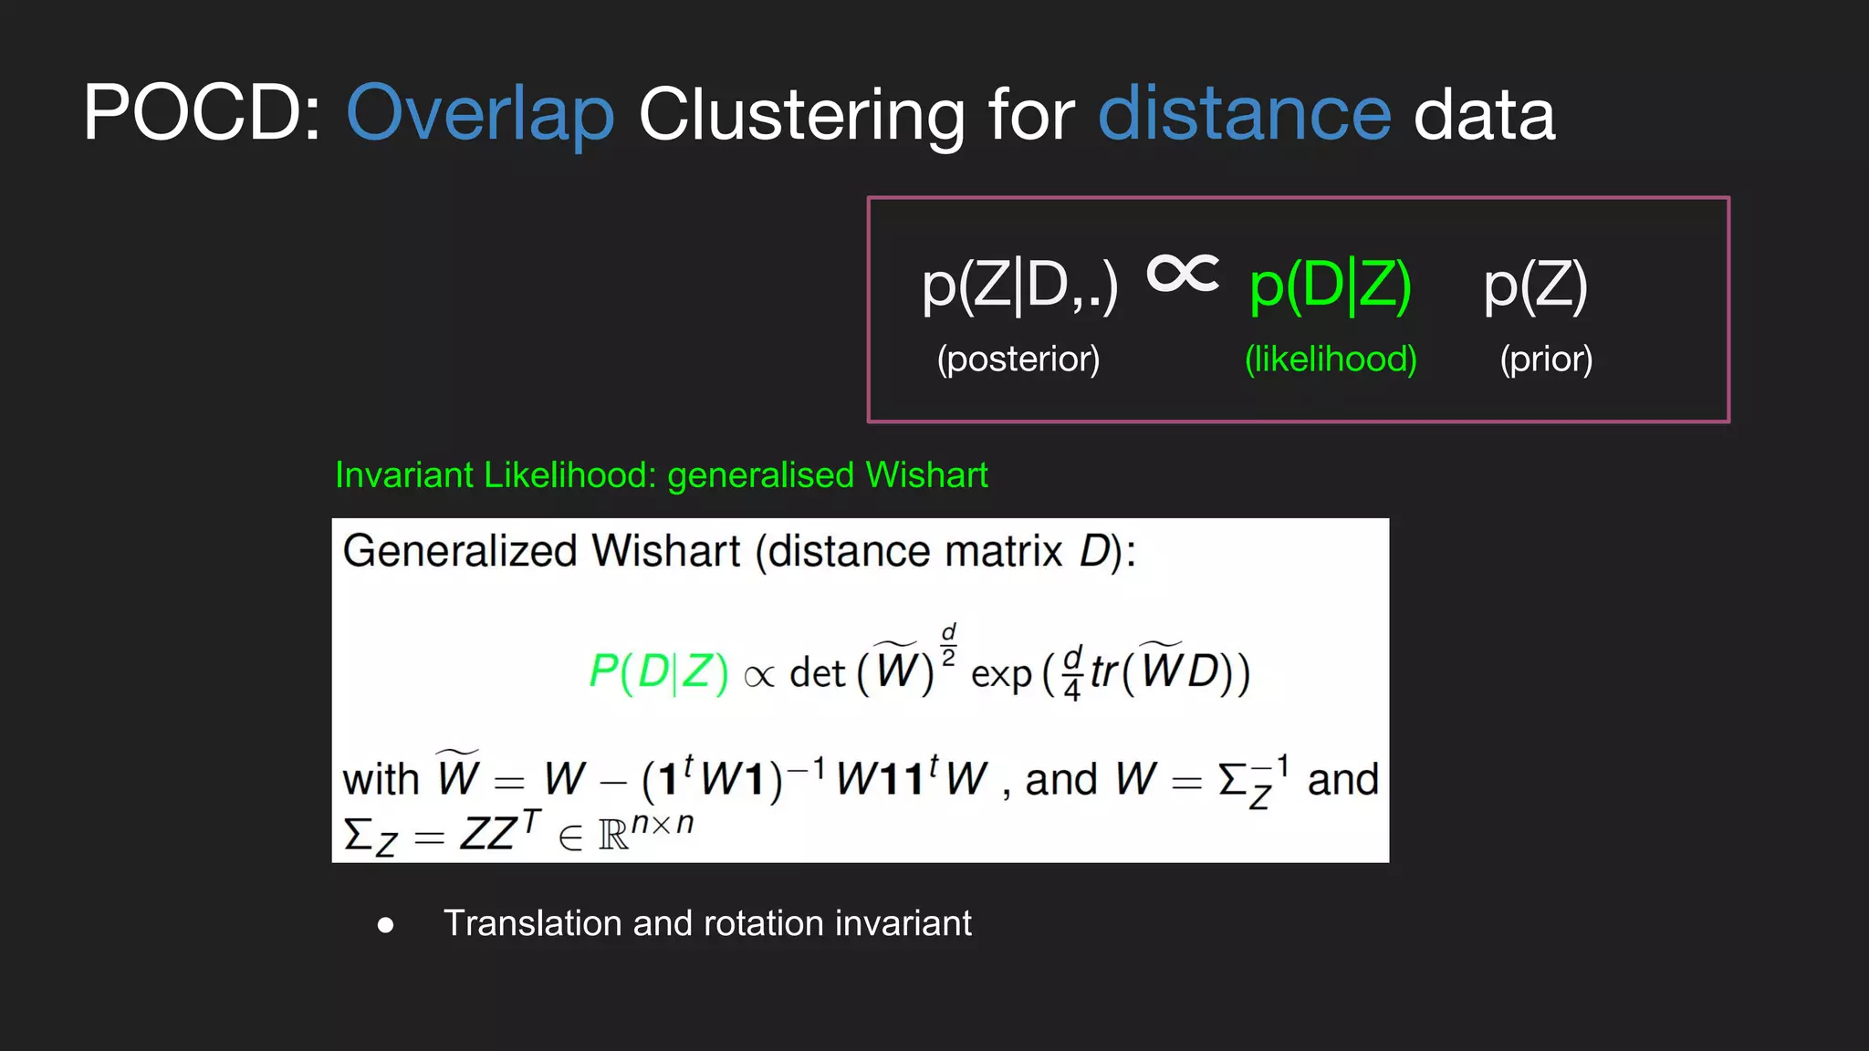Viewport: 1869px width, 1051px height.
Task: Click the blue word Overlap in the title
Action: coord(480,114)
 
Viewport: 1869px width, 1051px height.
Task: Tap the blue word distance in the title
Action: coord(1244,114)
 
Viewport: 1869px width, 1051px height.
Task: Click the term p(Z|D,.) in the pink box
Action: coord(1019,286)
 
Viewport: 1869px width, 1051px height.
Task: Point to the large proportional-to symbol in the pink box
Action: coord(1183,273)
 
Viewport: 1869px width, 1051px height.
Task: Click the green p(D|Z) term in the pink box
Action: coord(1331,286)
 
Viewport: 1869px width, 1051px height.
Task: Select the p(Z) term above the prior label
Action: coord(1536,286)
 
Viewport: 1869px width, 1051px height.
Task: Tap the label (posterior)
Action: coord(1018,359)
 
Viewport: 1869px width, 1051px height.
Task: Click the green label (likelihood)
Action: coord(1331,359)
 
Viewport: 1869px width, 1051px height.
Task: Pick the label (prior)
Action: coord(1546,359)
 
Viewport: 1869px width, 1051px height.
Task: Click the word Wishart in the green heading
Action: coord(926,475)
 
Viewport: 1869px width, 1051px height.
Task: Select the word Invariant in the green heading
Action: coord(404,475)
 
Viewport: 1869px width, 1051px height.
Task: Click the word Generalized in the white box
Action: coord(460,551)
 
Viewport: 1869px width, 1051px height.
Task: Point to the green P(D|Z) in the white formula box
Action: coord(658,672)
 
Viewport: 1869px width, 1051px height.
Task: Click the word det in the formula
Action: coord(817,673)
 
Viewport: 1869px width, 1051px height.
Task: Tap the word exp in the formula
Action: coord(1001,675)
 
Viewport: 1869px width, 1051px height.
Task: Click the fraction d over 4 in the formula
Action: coord(1072,673)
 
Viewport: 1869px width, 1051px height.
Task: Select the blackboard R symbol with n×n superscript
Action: coord(644,830)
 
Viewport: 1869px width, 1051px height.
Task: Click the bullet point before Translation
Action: coord(386,925)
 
